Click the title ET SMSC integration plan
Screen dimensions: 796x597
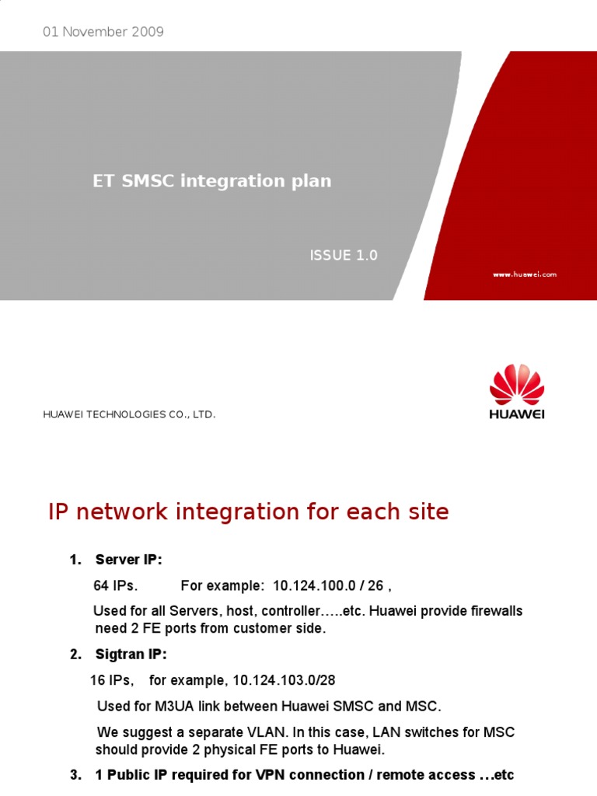click(x=212, y=181)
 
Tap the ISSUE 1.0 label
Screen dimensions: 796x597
click(x=344, y=256)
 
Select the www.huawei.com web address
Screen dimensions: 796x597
click(x=525, y=274)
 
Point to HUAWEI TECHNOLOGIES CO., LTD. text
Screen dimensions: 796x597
click(x=129, y=415)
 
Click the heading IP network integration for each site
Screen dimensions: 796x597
click(x=248, y=512)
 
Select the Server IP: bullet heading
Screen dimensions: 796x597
click(x=129, y=560)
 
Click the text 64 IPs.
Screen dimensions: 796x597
click(x=115, y=585)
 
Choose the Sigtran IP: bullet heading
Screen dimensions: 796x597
click(x=131, y=655)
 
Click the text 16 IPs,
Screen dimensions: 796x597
click(x=112, y=680)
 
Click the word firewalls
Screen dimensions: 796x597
click(x=496, y=611)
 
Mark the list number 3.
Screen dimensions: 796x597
click(x=75, y=775)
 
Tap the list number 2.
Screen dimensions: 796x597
click(x=75, y=655)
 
